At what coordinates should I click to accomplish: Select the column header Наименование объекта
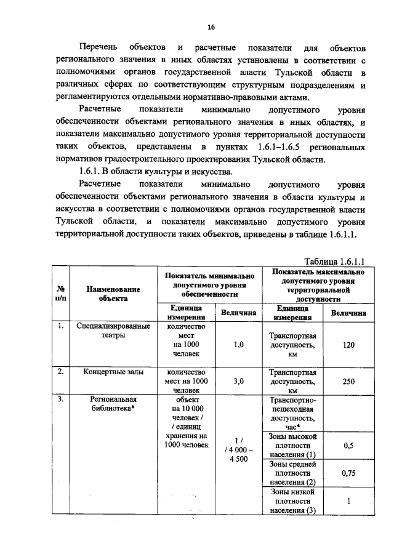click(113, 294)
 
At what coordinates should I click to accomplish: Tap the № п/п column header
click(61, 294)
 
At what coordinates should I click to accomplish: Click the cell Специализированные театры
click(113, 331)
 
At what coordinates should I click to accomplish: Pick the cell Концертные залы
click(113, 372)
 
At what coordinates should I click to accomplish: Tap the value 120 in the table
click(348, 345)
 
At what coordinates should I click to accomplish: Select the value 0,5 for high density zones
click(348, 446)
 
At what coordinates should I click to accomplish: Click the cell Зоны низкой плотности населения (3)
click(293, 501)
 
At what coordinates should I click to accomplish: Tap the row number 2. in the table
click(61, 372)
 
